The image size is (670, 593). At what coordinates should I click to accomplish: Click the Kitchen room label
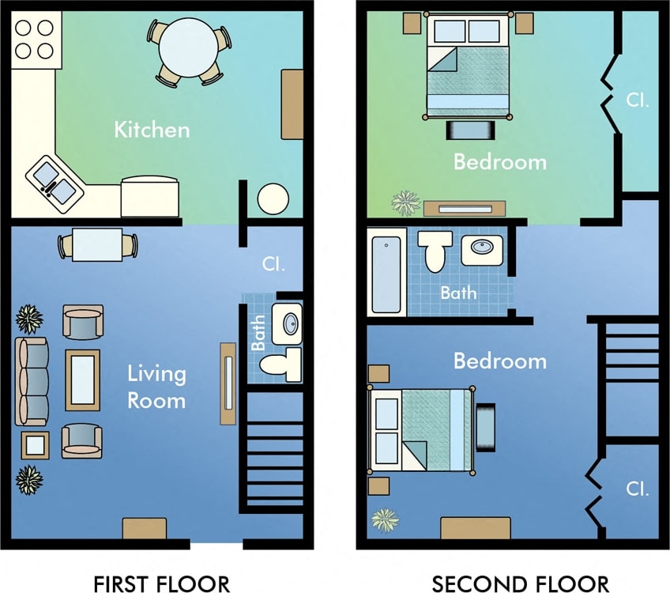tap(152, 130)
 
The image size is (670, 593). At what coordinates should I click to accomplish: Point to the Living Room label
tap(156, 387)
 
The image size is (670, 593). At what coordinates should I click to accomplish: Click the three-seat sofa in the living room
tap(32, 381)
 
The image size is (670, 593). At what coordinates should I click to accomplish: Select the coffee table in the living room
tap(83, 380)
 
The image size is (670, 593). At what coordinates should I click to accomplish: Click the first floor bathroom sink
tap(289, 323)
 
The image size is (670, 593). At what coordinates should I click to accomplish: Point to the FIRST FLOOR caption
tap(162, 584)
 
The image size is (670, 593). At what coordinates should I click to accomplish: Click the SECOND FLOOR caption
tap(521, 584)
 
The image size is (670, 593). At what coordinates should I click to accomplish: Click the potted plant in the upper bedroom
tap(406, 202)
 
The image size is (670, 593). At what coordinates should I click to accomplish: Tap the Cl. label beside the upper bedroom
tap(637, 100)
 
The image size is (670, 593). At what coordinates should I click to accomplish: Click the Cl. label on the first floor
tap(273, 264)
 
